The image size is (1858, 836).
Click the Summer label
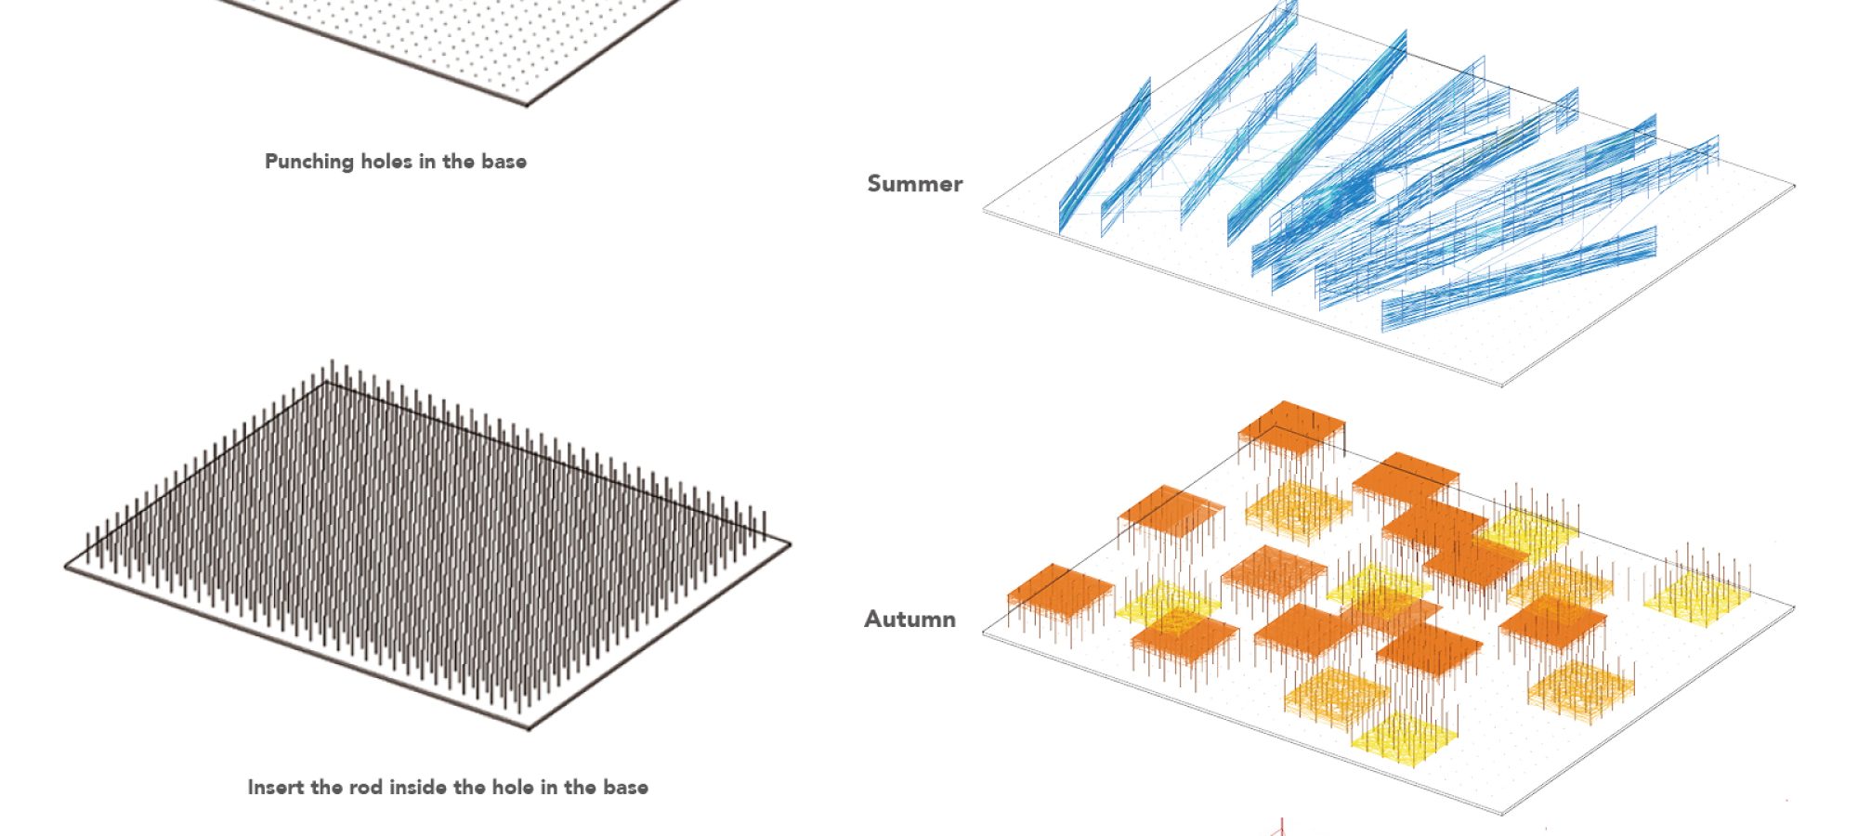pyautogui.click(x=914, y=184)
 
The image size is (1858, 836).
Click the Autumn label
pyautogui.click(x=909, y=620)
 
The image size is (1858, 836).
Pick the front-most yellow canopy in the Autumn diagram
pyautogui.click(x=1404, y=738)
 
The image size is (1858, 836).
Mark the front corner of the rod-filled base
pyautogui.click(x=529, y=727)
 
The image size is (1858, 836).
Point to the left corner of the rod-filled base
pyautogui.click(x=67, y=566)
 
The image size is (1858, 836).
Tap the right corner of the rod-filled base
pyautogui.click(x=790, y=544)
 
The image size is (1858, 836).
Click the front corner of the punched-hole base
pyautogui.click(x=528, y=104)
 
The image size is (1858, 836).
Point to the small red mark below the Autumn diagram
pyautogui.click(x=1282, y=826)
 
